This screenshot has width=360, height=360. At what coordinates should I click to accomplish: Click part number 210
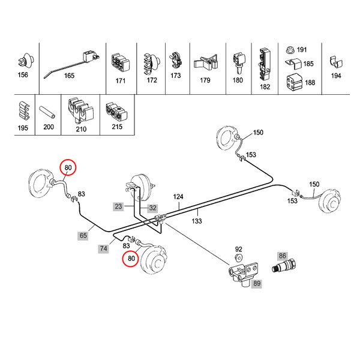pos(82,128)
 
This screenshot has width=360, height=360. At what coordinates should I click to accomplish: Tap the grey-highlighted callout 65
pos(83,236)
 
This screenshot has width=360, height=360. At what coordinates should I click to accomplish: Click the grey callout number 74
pos(104,247)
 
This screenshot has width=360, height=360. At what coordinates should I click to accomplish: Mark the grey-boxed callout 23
pos(118,206)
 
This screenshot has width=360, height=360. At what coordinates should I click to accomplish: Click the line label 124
pos(179,197)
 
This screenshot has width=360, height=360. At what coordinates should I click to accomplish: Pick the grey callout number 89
pos(257,283)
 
